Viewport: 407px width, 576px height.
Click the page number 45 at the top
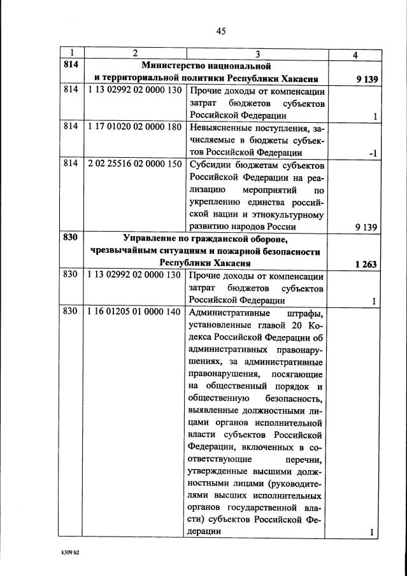click(221, 30)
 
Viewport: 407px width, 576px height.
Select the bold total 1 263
click(368, 263)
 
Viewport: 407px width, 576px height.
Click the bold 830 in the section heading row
click(71, 239)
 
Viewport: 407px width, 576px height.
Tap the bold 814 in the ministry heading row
click(71, 66)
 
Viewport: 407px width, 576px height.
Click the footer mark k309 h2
click(66, 552)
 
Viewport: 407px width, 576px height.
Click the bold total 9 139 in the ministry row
click(368, 79)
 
